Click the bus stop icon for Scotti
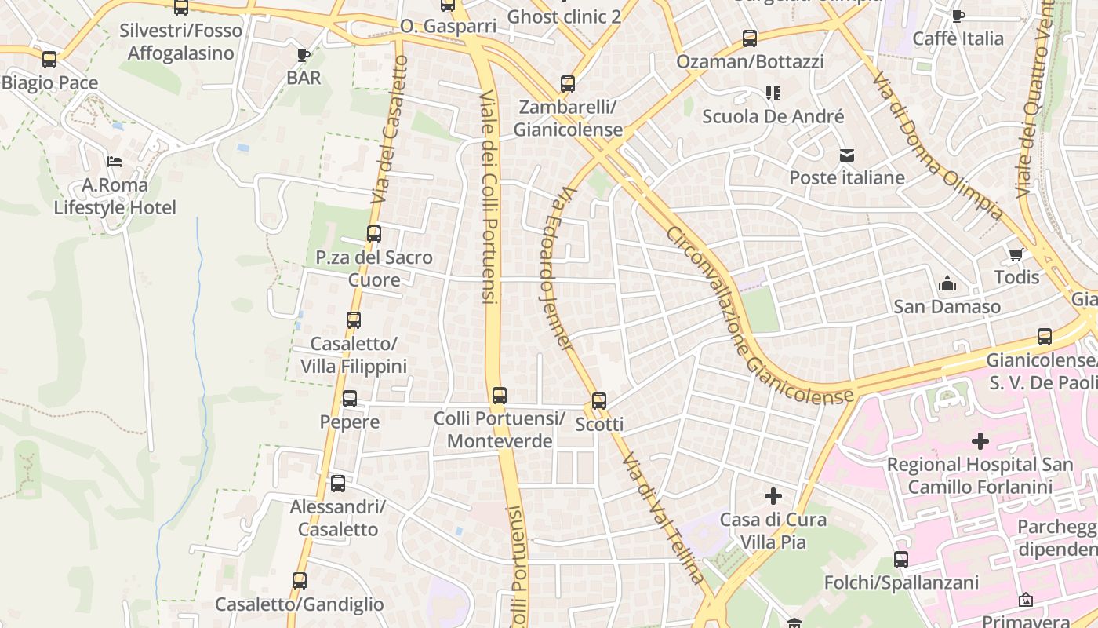tap(599, 401)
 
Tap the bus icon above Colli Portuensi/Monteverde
tap(500, 395)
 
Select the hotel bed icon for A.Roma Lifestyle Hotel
tap(115, 162)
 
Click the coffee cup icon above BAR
tap(304, 54)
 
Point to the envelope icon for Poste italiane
tap(847, 155)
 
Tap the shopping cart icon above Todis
tap(1016, 254)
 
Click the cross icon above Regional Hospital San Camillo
tap(980, 441)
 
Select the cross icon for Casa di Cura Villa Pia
tap(773, 496)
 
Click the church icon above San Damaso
tap(947, 283)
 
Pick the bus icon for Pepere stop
tap(350, 399)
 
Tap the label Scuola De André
tap(773, 116)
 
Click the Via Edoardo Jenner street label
tap(555, 267)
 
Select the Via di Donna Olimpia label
tap(937, 146)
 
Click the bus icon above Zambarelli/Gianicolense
tap(568, 84)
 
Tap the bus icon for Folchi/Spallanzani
tap(901, 560)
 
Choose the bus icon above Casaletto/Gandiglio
tap(300, 581)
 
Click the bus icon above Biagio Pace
tap(49, 60)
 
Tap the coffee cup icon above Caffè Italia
tap(958, 16)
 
